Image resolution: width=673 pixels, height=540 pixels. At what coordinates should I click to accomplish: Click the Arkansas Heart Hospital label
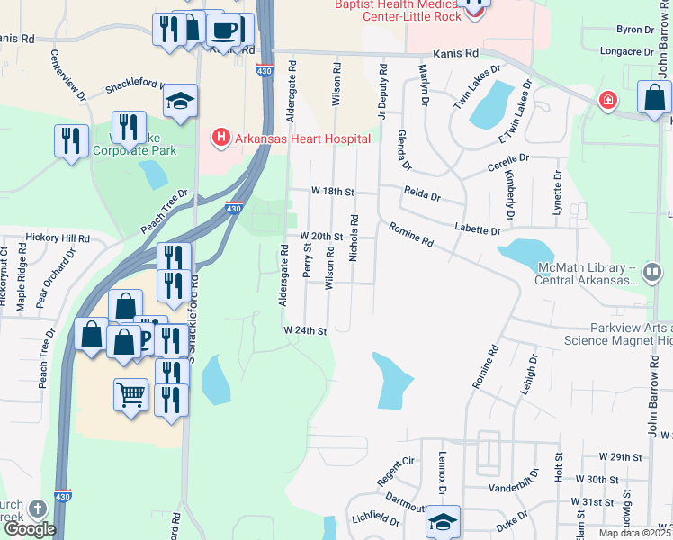301,139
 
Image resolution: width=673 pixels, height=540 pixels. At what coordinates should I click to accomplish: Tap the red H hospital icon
220,138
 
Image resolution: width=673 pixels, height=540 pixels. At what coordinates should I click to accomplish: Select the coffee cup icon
223,30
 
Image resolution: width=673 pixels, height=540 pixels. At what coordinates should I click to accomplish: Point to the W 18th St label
333,192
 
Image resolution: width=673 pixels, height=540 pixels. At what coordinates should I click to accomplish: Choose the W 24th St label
304,330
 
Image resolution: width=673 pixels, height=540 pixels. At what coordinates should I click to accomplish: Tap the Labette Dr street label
478,231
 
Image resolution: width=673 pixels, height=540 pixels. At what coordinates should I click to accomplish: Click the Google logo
29,529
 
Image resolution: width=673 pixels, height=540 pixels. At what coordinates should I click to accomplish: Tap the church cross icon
38,508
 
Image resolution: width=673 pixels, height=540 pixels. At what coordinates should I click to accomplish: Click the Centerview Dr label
67,76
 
